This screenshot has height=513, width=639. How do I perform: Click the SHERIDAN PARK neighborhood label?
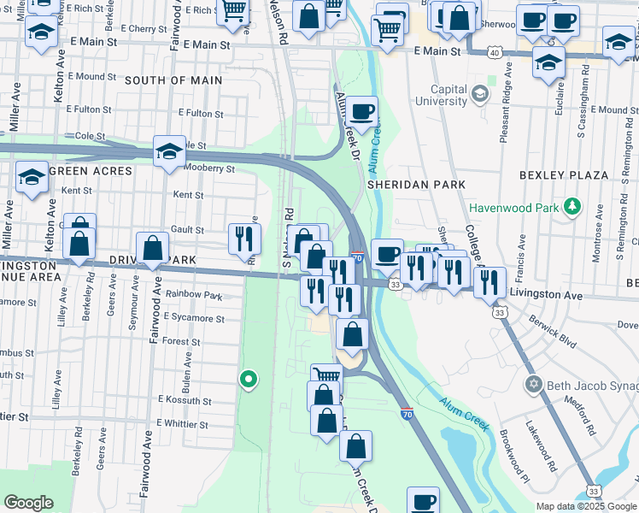(x=416, y=184)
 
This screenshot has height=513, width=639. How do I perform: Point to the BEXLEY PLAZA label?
(x=564, y=175)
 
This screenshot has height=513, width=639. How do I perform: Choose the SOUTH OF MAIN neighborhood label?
(x=173, y=80)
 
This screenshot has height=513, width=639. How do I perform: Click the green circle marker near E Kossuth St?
(x=249, y=378)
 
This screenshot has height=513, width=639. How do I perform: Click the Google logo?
(x=29, y=503)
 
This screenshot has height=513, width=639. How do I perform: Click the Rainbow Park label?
(x=194, y=296)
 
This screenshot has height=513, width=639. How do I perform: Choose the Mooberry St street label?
(x=208, y=168)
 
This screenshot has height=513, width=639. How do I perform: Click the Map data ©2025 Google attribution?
(x=585, y=506)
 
